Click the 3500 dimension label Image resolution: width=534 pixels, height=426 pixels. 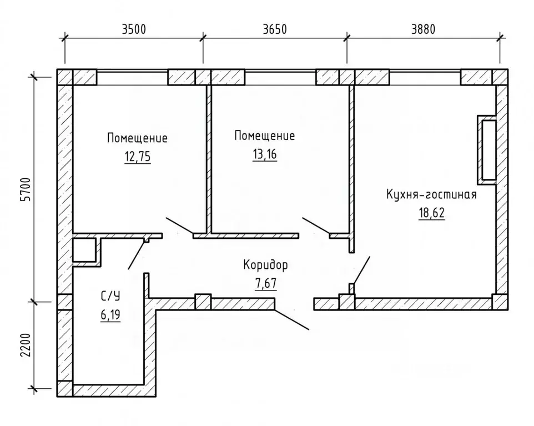[x=134, y=29]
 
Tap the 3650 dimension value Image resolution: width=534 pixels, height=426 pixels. [x=275, y=29]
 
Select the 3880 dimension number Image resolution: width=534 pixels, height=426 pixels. [x=424, y=29]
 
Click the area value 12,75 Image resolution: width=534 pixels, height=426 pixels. [x=138, y=157]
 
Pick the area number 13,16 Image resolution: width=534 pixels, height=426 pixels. [x=265, y=154]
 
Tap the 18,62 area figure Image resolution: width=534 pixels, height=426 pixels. [x=431, y=213]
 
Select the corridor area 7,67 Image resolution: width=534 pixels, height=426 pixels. [x=266, y=284]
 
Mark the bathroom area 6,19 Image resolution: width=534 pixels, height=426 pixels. [x=110, y=315]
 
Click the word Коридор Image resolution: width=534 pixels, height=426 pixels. [x=266, y=265]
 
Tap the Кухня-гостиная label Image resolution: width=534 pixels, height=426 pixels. [x=431, y=194]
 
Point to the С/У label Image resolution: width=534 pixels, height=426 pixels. [x=110, y=296]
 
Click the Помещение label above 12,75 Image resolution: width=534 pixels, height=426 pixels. [x=137, y=138]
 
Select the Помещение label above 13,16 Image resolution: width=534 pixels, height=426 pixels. [x=265, y=136]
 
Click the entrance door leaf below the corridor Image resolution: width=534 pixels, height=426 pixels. [x=291, y=319]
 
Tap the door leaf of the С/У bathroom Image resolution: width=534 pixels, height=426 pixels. [x=136, y=254]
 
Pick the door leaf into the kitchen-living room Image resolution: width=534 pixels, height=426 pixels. [x=362, y=270]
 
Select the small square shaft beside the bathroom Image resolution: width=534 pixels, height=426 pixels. [x=84, y=250]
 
